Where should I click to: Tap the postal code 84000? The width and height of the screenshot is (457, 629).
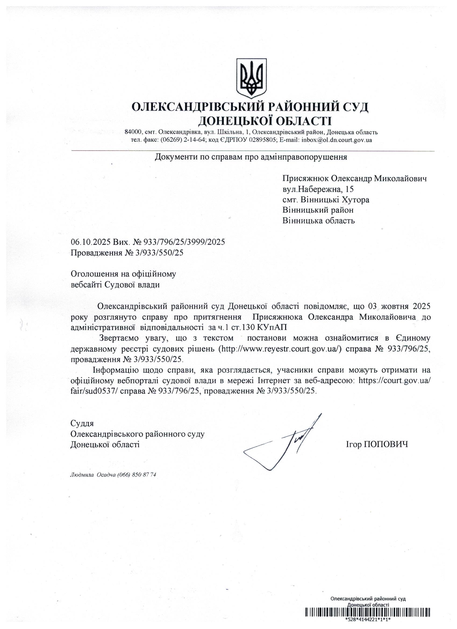click(133, 132)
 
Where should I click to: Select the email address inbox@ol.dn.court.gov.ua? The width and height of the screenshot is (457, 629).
click(337, 140)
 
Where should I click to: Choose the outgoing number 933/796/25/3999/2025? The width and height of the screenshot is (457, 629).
click(184, 242)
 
